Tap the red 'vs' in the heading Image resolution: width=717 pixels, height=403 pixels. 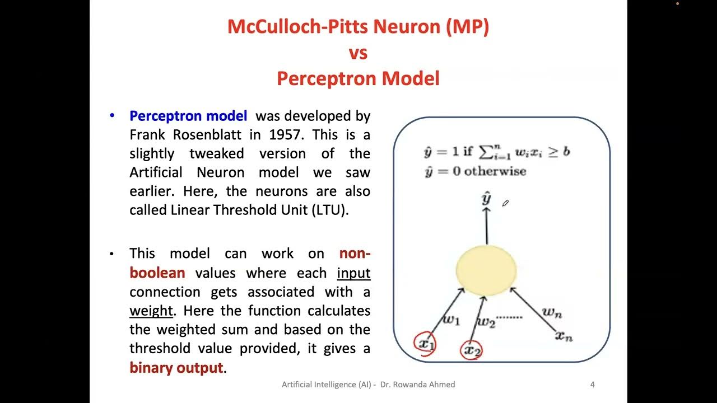pyautogui.click(x=358, y=53)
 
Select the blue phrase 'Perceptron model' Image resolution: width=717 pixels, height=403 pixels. pyautogui.click(x=188, y=116)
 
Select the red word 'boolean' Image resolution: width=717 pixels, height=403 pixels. pyautogui.click(x=157, y=273)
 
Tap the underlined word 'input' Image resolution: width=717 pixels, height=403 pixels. pyautogui.click(x=353, y=273)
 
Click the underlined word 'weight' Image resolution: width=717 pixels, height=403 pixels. pyautogui.click(x=151, y=310)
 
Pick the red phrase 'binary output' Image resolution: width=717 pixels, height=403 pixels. pyautogui.click(x=176, y=368)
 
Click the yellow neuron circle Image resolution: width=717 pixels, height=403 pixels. pyautogui.click(x=486, y=270)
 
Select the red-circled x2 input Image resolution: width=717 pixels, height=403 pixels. pyautogui.click(x=472, y=351)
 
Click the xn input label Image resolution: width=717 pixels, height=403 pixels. pyautogui.click(x=564, y=336)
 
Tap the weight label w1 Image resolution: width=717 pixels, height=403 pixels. pyautogui.click(x=451, y=320)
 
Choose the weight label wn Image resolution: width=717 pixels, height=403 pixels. pyautogui.click(x=551, y=312)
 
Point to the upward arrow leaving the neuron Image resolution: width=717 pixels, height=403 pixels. pyautogui.click(x=487, y=226)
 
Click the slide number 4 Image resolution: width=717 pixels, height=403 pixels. pyautogui.click(x=592, y=385)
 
